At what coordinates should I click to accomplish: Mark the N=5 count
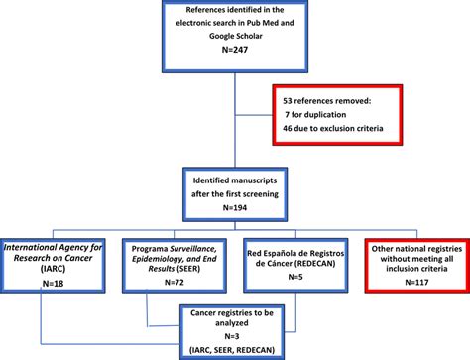(x=299, y=279)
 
